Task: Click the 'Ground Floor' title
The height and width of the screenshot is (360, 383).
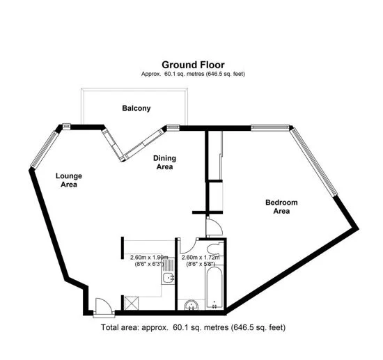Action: pyautogui.click(x=193, y=64)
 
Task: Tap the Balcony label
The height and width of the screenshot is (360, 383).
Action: pyautogui.click(x=136, y=109)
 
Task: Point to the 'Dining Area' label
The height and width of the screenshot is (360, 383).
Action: pyautogui.click(x=164, y=163)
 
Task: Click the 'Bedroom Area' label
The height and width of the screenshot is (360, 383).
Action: pyautogui.click(x=281, y=207)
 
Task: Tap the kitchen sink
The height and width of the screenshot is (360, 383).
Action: pyautogui.click(x=168, y=279)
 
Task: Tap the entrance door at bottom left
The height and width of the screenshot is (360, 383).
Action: pyautogui.click(x=102, y=304)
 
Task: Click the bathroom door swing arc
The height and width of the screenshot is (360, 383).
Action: pyautogui.click(x=187, y=246)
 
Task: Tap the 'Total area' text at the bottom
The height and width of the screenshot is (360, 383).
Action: pyautogui.click(x=193, y=327)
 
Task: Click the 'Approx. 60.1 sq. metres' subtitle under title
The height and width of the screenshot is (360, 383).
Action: pyautogui.click(x=193, y=74)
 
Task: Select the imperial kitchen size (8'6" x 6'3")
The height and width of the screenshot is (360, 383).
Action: pyautogui.click(x=149, y=264)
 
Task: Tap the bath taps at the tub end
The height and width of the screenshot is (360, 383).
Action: pyautogui.click(x=214, y=304)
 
